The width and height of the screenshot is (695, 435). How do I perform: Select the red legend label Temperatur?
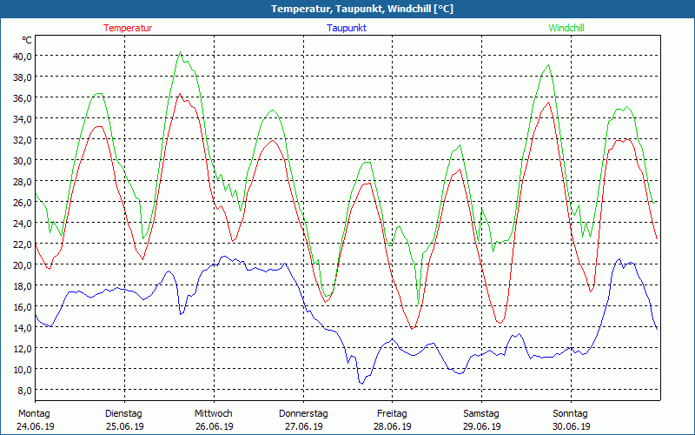click(128, 28)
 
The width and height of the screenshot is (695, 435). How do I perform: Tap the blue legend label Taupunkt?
click(347, 28)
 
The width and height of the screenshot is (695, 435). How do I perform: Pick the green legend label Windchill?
click(566, 28)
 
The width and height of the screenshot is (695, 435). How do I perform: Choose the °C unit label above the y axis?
click(27, 40)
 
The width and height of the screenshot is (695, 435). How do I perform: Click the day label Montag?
click(34, 413)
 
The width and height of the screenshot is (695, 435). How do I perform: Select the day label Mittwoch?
click(213, 413)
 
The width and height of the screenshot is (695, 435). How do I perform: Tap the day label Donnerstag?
click(303, 413)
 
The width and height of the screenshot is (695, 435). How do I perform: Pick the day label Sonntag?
click(570, 413)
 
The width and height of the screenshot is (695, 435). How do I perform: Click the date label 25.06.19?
click(123, 426)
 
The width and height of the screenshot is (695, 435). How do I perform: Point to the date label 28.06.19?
click(392, 426)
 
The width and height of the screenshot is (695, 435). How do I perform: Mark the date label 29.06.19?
click(481, 426)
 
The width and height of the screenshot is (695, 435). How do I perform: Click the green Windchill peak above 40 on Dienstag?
click(180, 52)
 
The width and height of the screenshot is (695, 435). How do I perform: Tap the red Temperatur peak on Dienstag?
click(180, 94)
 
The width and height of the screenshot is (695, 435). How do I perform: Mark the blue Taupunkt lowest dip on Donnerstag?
click(361, 383)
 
